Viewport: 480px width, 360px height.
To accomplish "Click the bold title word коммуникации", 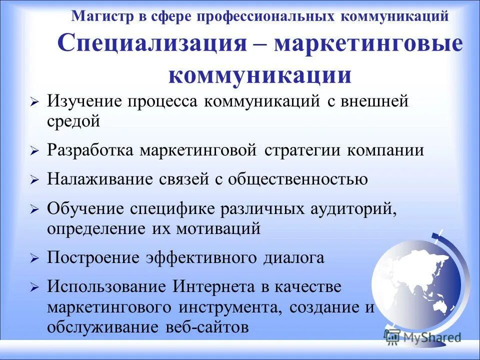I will click(x=260, y=75).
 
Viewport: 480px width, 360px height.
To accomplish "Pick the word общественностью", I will click(x=297, y=179).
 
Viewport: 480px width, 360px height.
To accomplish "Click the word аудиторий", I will click(x=357, y=209).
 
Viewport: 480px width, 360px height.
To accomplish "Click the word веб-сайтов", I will click(x=205, y=327).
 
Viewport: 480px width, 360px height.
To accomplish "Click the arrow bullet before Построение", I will click(x=34, y=259).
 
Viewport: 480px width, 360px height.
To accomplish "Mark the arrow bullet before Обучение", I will click(x=34, y=210).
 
